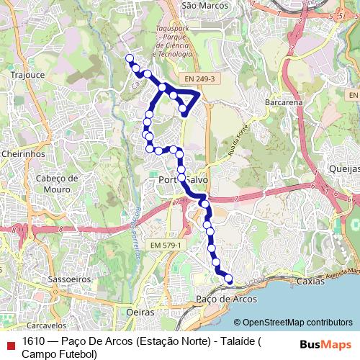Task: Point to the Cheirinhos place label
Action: (x=24, y=153)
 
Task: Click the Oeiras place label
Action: (x=141, y=313)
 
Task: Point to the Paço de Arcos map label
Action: (x=220, y=298)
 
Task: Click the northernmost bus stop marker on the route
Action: (x=130, y=58)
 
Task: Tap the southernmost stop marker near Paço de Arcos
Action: (x=229, y=279)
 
